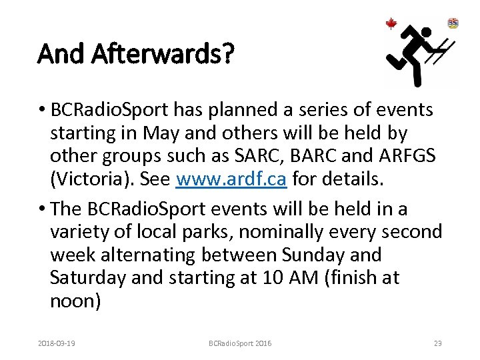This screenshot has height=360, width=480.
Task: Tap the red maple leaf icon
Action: (391, 24)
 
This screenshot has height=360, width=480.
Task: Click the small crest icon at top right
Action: (453, 23)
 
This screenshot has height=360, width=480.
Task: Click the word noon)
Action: (75, 301)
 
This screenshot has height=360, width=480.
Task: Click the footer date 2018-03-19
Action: (57, 343)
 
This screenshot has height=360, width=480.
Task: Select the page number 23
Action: (437, 343)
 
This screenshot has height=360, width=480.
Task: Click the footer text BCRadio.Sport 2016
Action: (240, 343)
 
